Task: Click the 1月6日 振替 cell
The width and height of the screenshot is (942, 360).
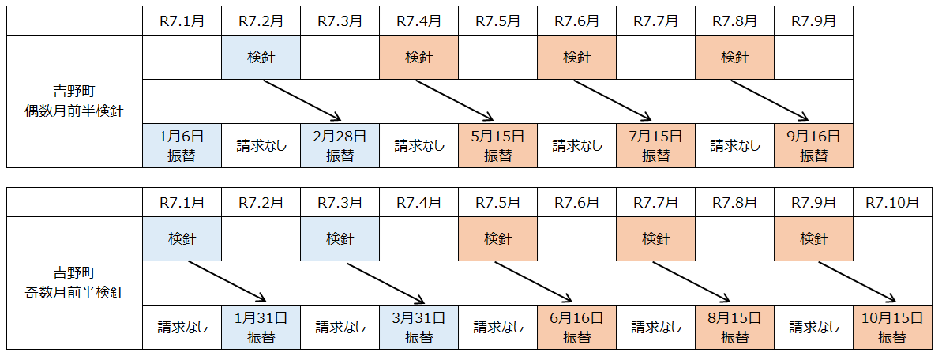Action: click(x=182, y=145)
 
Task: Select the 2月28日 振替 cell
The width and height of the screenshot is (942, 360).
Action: click(x=340, y=145)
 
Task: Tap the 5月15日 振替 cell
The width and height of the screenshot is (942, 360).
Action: click(x=497, y=145)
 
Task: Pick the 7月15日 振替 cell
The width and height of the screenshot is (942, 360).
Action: click(x=655, y=145)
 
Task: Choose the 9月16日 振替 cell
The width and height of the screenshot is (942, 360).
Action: click(x=813, y=145)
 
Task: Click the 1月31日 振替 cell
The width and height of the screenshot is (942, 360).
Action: click(x=261, y=328)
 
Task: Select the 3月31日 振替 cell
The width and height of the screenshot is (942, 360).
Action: click(x=418, y=328)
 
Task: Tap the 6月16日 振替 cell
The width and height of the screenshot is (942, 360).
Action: click(x=576, y=328)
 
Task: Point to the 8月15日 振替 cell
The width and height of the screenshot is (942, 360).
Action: click(x=734, y=328)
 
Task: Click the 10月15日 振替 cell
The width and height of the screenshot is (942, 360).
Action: click(x=892, y=328)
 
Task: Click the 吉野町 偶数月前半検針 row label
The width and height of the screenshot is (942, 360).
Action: click(x=74, y=101)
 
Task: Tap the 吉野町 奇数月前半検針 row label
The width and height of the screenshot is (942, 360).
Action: click(x=74, y=283)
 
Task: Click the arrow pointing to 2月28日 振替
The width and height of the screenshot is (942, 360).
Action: click(x=301, y=100)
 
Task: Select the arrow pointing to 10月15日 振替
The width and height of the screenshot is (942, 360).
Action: click(x=858, y=282)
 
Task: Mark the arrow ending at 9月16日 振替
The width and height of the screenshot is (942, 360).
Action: click(x=775, y=100)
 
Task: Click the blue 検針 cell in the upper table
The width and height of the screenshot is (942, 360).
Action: click(x=261, y=58)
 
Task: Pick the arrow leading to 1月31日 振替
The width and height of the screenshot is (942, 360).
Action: click(x=225, y=282)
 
